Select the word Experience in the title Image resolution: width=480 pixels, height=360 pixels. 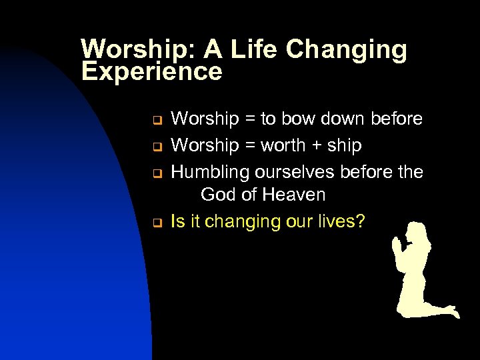click(x=151, y=71)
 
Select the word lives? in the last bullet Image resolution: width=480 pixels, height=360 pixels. click(x=341, y=221)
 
